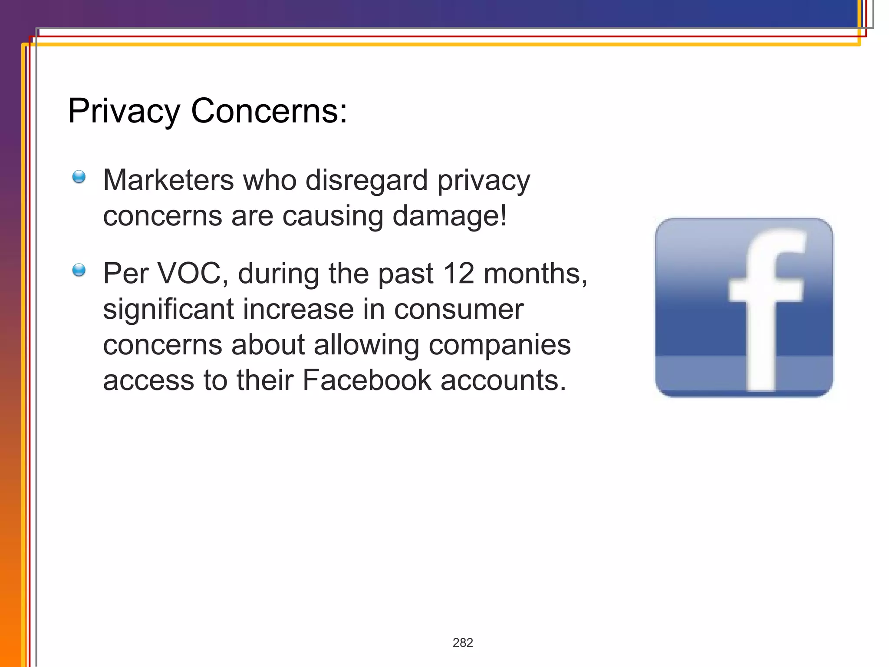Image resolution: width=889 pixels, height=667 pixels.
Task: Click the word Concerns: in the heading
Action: click(269, 111)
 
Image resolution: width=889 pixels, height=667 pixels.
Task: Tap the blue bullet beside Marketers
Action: click(79, 177)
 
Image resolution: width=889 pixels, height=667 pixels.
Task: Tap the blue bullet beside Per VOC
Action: click(79, 270)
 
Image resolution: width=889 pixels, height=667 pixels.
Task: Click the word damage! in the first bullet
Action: click(450, 216)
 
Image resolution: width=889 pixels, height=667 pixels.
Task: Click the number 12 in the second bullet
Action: click(458, 274)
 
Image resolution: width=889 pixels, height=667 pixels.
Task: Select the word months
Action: click(535, 274)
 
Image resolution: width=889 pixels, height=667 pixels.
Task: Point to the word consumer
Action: click(459, 309)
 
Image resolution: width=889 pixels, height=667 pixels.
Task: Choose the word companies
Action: click(500, 345)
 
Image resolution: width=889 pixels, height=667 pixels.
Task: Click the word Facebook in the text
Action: click(367, 380)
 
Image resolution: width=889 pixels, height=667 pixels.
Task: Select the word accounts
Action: click(504, 380)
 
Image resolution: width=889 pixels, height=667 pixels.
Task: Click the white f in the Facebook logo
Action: click(764, 304)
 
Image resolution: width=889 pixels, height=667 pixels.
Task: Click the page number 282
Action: click(463, 643)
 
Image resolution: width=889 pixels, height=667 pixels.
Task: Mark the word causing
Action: click(333, 216)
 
